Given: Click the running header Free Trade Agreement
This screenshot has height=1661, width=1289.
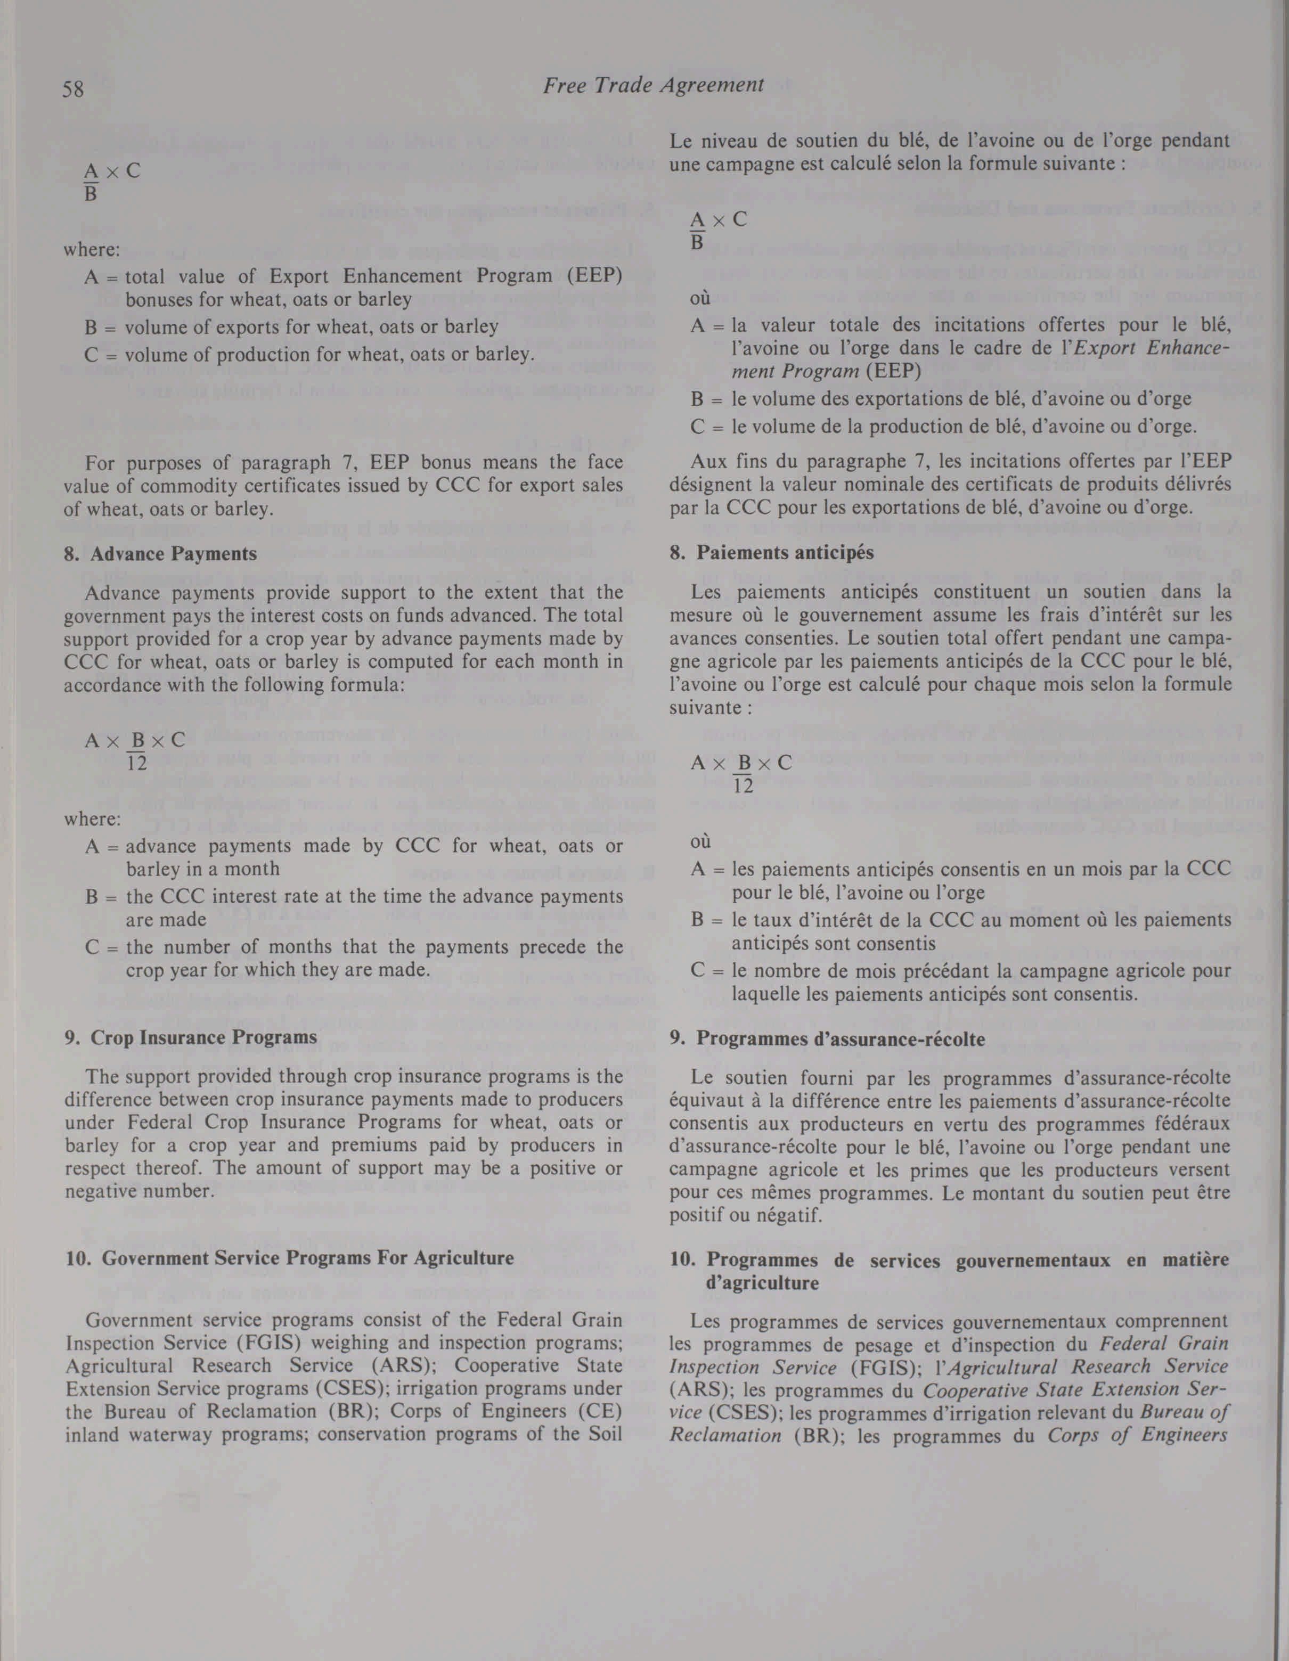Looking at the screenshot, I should point(653,85).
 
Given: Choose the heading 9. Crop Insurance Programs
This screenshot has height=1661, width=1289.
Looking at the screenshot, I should point(191,1037).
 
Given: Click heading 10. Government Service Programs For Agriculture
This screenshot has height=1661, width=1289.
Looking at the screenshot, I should point(289,1258).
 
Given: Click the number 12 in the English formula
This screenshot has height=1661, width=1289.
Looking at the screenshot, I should point(137,763).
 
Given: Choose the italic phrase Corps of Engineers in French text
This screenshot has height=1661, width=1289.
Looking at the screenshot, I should point(1138,1436).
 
